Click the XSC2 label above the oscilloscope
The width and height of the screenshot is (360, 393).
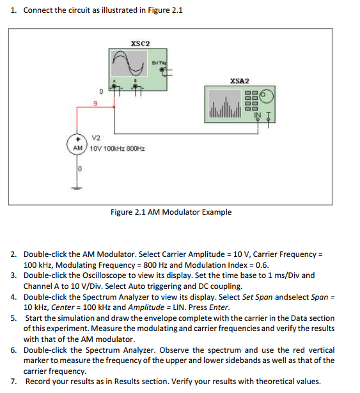point(140,43)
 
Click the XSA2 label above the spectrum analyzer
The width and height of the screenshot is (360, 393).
point(240,81)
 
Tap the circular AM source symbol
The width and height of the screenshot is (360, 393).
point(77,144)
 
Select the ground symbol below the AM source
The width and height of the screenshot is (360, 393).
point(77,188)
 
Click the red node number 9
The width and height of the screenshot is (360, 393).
point(95,104)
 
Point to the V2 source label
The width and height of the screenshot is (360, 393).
point(96,138)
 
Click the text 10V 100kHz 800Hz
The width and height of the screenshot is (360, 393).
point(118,149)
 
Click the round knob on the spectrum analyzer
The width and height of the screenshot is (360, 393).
point(267,96)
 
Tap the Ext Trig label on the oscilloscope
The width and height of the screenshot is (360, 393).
point(159,63)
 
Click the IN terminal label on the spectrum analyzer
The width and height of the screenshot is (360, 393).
point(258,115)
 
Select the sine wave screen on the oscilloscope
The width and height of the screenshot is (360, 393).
point(129,63)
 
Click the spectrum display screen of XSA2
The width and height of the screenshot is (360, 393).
point(225,104)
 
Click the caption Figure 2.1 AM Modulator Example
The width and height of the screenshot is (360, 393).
point(171,212)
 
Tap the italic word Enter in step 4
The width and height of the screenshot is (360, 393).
point(219,307)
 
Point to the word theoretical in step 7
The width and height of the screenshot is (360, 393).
point(275,381)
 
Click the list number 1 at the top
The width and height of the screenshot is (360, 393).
point(13,10)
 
